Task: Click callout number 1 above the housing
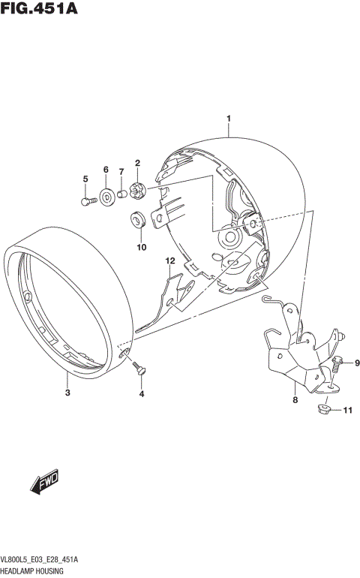228,119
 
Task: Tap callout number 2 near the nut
137,163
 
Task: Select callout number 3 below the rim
67,393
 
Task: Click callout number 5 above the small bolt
85,178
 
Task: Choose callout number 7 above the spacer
121,171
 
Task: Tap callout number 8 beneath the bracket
295,400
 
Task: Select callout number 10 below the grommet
140,246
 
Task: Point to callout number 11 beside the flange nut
346,411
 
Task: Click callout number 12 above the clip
169,260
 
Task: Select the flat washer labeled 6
106,197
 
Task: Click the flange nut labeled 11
325,410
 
